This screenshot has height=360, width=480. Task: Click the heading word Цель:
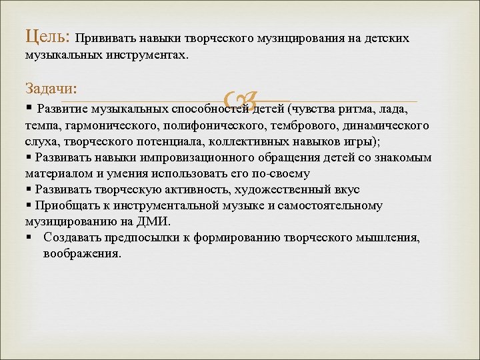[x=46, y=36]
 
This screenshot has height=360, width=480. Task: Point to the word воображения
[x=82, y=254]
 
